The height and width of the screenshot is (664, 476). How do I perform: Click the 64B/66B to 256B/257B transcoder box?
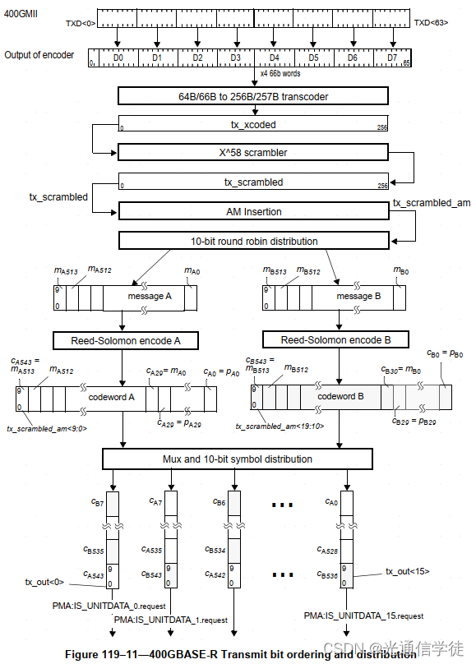252,95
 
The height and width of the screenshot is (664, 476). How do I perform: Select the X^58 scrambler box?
252,153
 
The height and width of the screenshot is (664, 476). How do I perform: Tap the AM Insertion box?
253,211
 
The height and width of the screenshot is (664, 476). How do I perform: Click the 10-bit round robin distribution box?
253,241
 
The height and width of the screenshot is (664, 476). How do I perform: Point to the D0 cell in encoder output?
118,58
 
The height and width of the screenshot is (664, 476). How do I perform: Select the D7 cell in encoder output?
391,58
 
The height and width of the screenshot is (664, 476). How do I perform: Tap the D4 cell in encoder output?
274,58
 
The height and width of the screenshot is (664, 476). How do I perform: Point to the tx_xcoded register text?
252,124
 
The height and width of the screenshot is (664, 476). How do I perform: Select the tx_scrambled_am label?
431,202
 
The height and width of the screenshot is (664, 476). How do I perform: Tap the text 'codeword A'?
111,397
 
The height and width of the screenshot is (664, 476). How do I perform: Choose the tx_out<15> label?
408,570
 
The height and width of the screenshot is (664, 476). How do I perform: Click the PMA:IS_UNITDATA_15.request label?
363,615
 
